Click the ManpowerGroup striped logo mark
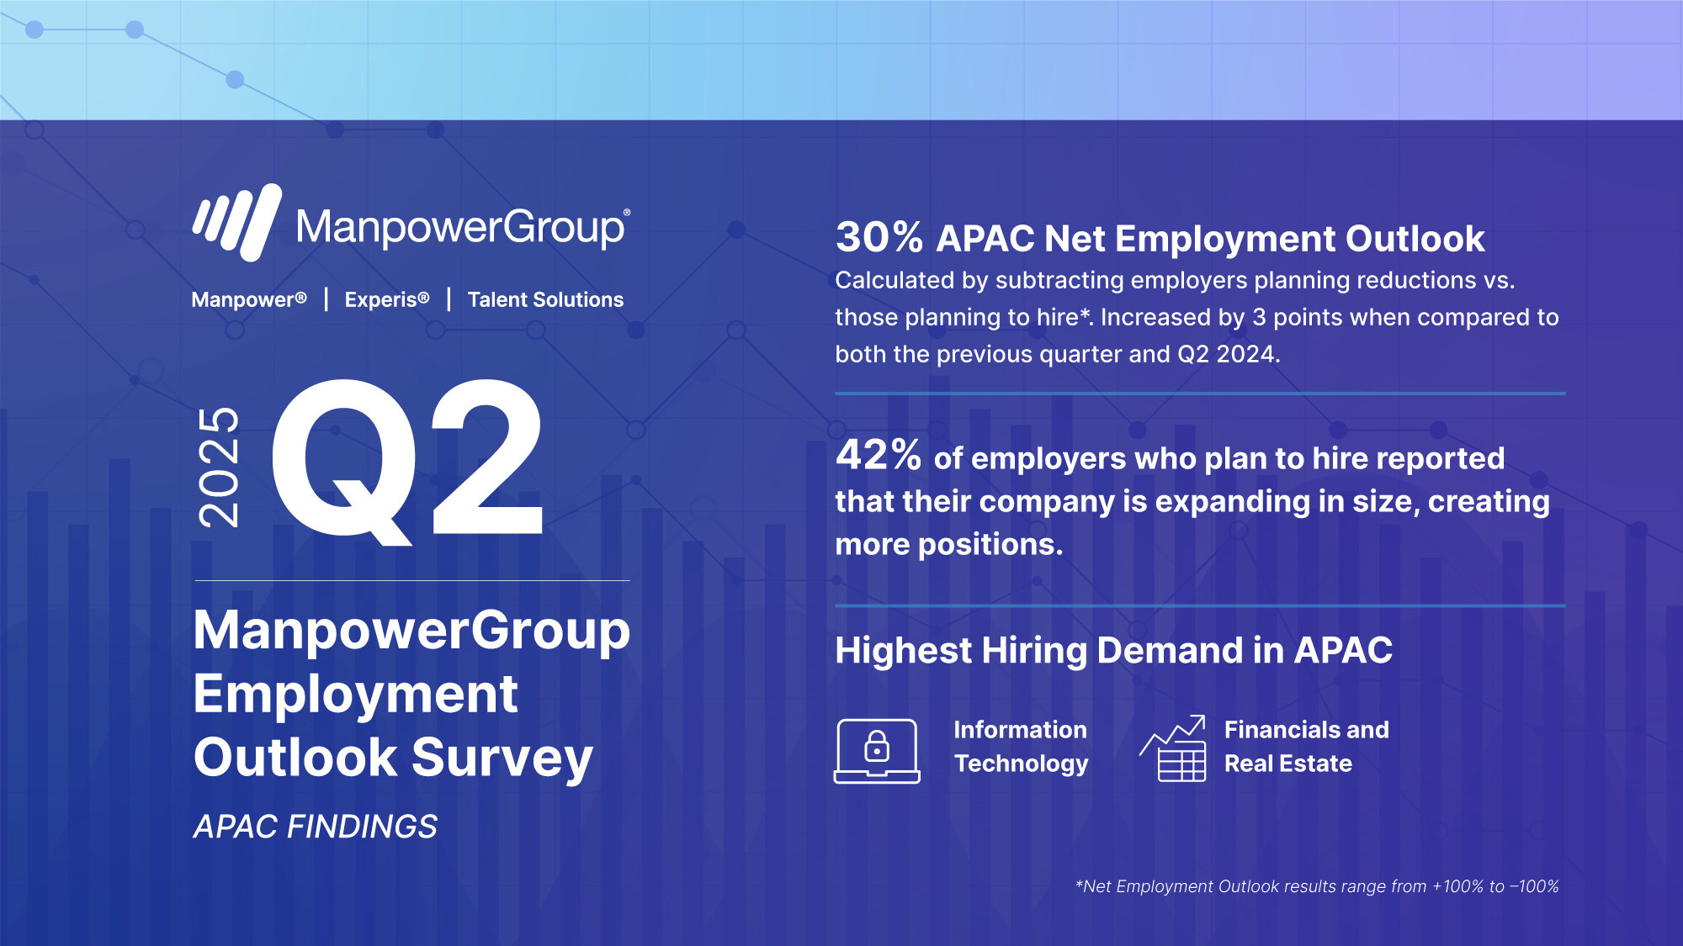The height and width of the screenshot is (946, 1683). point(237,222)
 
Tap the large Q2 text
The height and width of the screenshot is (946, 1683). point(407,460)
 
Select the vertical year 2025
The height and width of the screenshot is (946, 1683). point(218,467)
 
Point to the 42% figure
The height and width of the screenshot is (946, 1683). point(879,456)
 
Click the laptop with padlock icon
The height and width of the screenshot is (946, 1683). point(877,751)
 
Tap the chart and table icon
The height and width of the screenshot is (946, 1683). point(1173,748)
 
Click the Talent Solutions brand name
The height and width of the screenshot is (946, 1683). point(545,299)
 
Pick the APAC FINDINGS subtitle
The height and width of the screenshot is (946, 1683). point(316,827)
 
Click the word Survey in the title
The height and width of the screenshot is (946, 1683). point(502,758)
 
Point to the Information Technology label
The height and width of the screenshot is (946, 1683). point(1021,747)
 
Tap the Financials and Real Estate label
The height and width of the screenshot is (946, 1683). point(1306,747)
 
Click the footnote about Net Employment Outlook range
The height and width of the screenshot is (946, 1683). point(1317,886)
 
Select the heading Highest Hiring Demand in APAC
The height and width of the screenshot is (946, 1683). point(1113,651)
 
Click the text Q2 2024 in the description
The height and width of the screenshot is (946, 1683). point(1228,354)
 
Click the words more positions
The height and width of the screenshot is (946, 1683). point(949,545)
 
